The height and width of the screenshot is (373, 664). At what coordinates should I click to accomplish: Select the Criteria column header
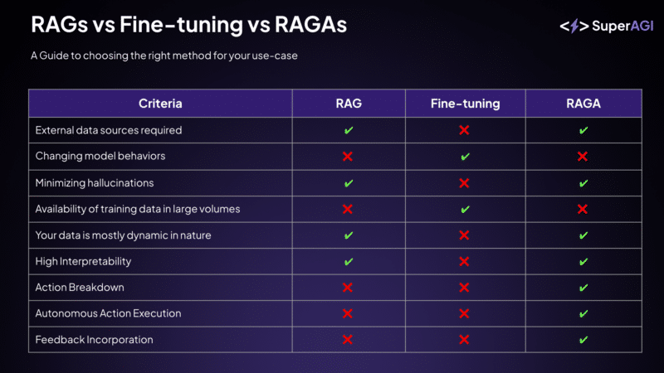pyautogui.click(x=160, y=104)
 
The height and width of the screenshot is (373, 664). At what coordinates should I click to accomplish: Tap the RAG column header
pyautogui.click(x=349, y=104)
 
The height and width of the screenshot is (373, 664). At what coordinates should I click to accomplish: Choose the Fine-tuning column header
pyautogui.click(x=465, y=104)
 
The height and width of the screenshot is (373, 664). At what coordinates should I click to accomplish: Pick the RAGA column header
pyautogui.click(x=583, y=104)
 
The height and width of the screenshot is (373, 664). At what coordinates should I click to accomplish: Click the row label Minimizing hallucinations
pyautogui.click(x=95, y=183)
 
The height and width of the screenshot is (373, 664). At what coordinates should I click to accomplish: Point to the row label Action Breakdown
pyautogui.click(x=79, y=288)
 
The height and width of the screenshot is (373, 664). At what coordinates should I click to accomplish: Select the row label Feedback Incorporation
pyautogui.click(x=94, y=340)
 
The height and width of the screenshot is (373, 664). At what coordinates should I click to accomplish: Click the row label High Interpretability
pyautogui.click(x=83, y=261)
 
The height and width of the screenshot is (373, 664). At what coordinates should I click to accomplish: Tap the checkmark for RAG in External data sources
pyautogui.click(x=349, y=131)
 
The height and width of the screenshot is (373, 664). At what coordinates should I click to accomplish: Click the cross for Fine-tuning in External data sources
pyautogui.click(x=465, y=131)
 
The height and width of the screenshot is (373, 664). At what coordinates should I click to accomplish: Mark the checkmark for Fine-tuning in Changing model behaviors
pyautogui.click(x=465, y=157)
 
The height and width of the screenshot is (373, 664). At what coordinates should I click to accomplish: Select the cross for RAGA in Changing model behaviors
pyautogui.click(x=583, y=157)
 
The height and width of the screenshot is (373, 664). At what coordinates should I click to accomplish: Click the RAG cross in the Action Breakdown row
pyautogui.click(x=349, y=288)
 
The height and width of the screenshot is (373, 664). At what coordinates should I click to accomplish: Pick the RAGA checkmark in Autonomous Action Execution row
pyautogui.click(x=583, y=313)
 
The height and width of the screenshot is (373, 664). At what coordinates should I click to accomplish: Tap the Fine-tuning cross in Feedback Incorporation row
pyautogui.click(x=465, y=340)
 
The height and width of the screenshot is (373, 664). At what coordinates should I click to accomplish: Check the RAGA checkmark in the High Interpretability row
pyautogui.click(x=583, y=261)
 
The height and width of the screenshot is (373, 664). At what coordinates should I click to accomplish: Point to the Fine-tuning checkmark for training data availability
pyautogui.click(x=465, y=209)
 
